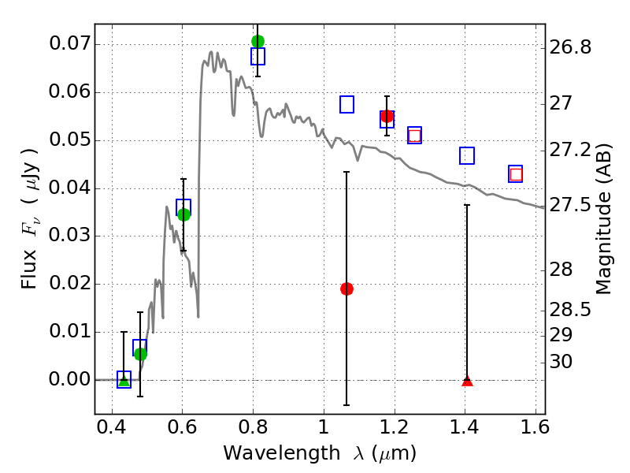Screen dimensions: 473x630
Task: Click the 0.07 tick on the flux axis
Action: [x=69, y=44]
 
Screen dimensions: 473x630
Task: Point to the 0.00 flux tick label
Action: [x=69, y=379]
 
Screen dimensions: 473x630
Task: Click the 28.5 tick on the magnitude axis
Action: [x=571, y=310]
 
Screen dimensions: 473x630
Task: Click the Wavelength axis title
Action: [x=320, y=454]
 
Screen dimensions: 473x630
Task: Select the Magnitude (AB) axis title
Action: [x=605, y=218]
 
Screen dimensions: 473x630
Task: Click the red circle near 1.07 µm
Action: [x=346, y=289]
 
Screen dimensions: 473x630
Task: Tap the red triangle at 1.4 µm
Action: [x=467, y=381]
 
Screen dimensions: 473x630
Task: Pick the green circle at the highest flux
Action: [x=258, y=41]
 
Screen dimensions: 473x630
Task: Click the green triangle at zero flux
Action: [x=124, y=381]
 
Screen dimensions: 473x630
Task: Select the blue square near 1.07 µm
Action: [x=346, y=104]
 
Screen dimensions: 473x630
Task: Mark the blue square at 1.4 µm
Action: [x=467, y=155]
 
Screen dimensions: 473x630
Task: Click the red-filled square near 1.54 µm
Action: [x=516, y=174]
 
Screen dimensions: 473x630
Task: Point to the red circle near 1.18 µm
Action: [x=387, y=116]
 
